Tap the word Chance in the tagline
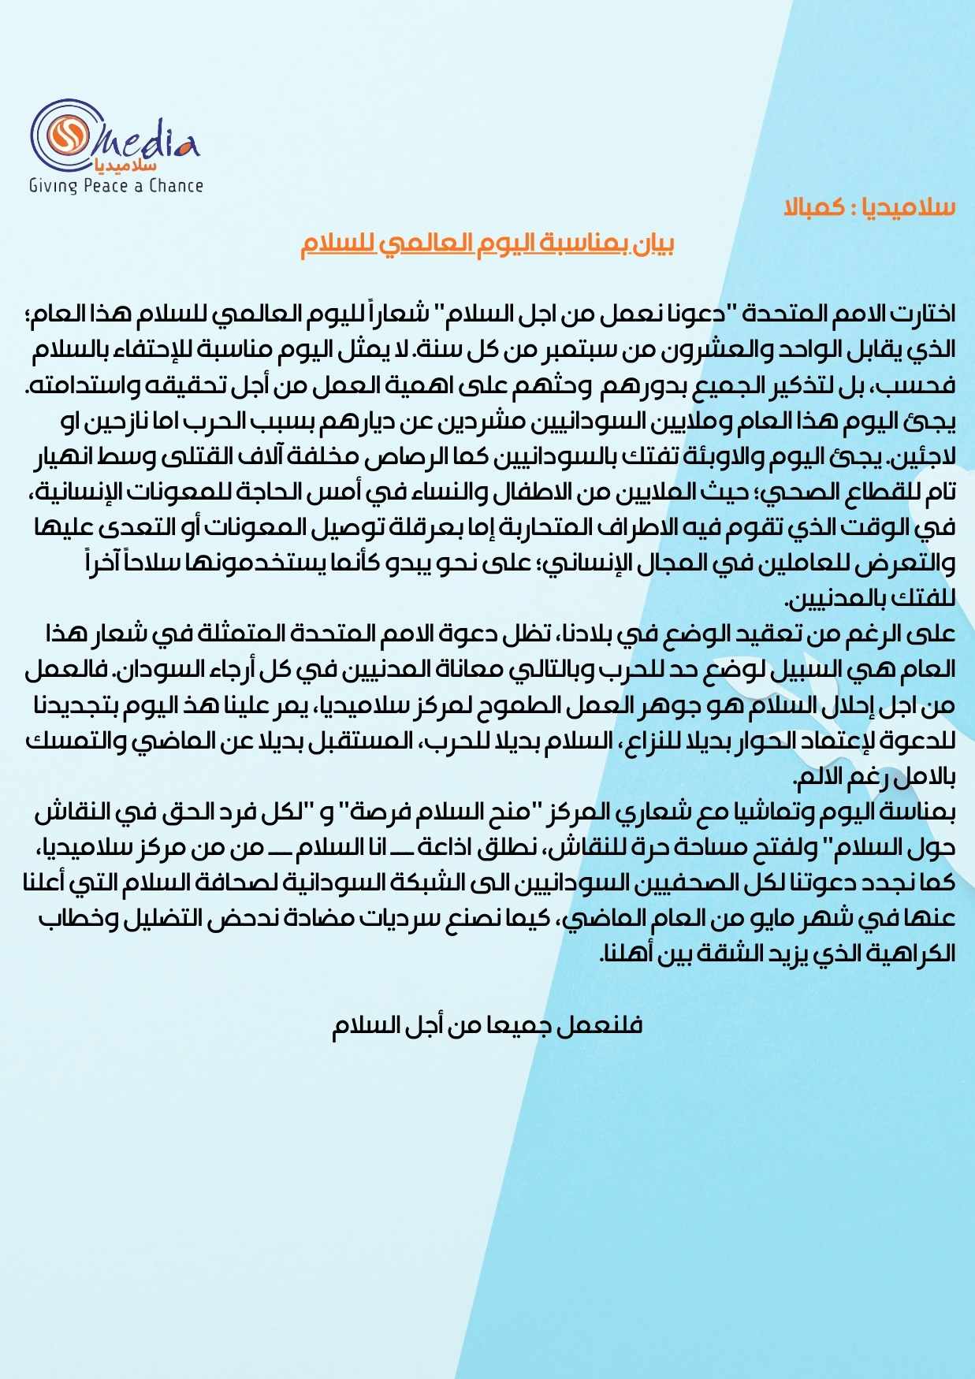pos(176,186)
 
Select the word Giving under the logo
pos(53,186)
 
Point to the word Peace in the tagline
pos(105,186)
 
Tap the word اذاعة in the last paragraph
pos(444,848)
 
